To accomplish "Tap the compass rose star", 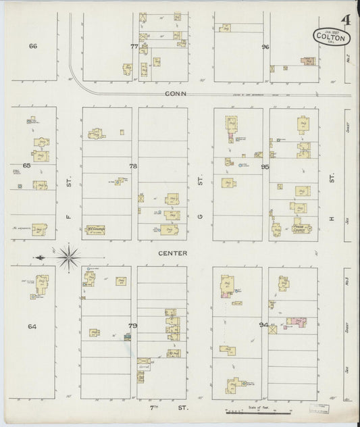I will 68,256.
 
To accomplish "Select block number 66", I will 32,46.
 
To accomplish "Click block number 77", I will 134,46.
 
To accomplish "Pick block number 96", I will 265,46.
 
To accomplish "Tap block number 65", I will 27,165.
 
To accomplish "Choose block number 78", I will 133,166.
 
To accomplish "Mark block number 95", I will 265,166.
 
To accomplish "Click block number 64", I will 32,326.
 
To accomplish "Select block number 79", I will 133,326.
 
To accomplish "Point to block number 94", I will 263,325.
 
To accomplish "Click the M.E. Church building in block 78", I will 93,228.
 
